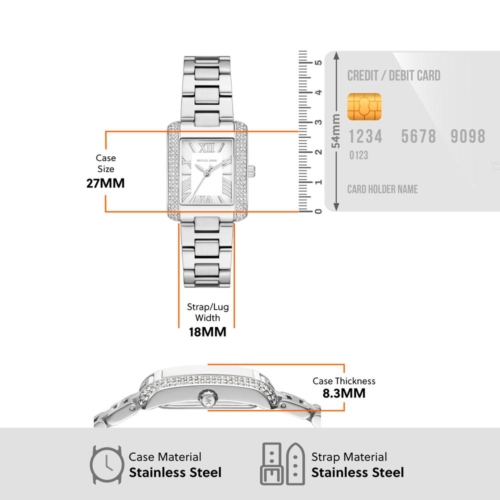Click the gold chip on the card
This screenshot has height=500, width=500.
pyautogui.click(x=364, y=106)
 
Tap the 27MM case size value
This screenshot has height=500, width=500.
pyautogui.click(x=105, y=183)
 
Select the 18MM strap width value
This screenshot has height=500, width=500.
pyautogui.click(x=207, y=331)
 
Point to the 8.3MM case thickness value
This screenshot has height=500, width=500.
pyautogui.click(x=344, y=393)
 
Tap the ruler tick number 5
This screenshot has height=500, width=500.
pyautogui.click(x=317, y=62)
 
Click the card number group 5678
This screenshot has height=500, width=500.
pyautogui.click(x=419, y=136)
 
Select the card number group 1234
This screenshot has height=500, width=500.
pyautogui.click(x=365, y=136)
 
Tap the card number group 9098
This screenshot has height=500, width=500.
pyautogui.click(x=468, y=136)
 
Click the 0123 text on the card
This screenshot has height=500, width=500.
pyautogui.click(x=358, y=155)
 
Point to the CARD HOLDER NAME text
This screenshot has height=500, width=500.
pyautogui.click(x=382, y=189)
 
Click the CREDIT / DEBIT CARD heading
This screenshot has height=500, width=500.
pyautogui.click(x=394, y=76)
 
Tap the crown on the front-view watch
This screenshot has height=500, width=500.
pyautogui.click(x=252, y=170)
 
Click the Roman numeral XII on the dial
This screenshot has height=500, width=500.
pyautogui.click(x=207, y=147)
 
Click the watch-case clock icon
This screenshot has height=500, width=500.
pyautogui.click(x=106, y=464)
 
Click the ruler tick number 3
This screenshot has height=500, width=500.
pyautogui.click(x=317, y=122)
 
